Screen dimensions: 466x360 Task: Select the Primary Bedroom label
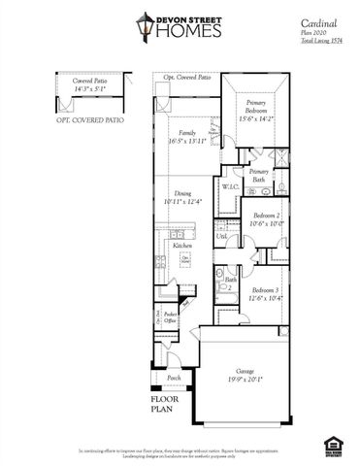pyautogui.click(x=256, y=106)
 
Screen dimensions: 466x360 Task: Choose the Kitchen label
pyautogui.click(x=181, y=246)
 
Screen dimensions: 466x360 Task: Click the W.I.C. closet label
pyautogui.click(x=231, y=186)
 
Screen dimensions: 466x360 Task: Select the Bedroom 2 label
pyautogui.click(x=266, y=216)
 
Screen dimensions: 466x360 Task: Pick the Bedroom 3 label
pyautogui.click(x=266, y=290)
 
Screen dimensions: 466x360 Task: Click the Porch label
pyautogui.click(x=174, y=377)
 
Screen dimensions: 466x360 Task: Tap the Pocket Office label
pyautogui.click(x=170, y=317)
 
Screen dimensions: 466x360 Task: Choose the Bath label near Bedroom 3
pyautogui.click(x=231, y=280)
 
